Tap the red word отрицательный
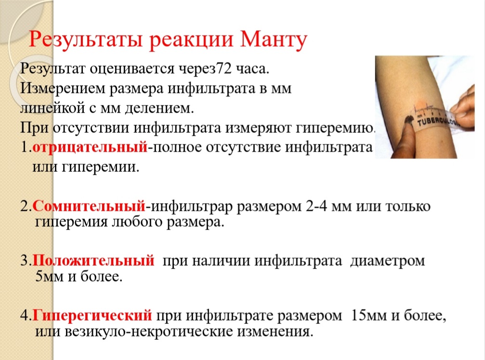coord(90,147)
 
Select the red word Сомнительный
coord(89,206)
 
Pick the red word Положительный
coord(93,260)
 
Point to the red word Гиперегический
coord(92,316)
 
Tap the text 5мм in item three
coord(50,276)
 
